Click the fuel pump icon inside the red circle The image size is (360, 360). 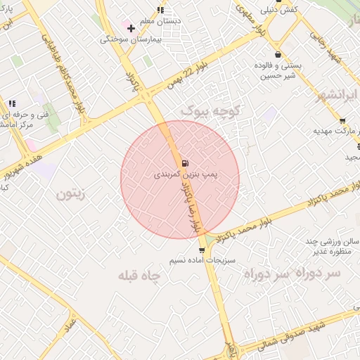[x=184, y=163]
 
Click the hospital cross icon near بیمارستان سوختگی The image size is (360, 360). [x=131, y=28]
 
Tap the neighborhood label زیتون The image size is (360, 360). [x=70, y=194]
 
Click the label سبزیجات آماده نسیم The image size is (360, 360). [x=195, y=260]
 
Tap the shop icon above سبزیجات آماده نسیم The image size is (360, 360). [x=202, y=250]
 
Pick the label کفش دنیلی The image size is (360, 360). [x=279, y=10]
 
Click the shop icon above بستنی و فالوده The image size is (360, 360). [x=278, y=54]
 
